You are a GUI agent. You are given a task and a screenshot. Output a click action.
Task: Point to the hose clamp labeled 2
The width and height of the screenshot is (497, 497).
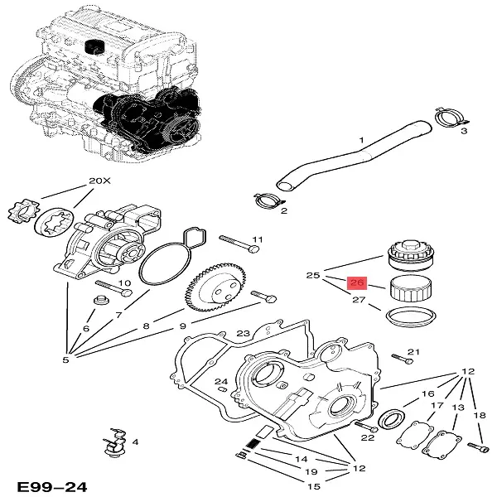click(x=268, y=199)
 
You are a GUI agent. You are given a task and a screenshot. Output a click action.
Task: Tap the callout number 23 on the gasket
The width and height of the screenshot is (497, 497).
click(x=243, y=335)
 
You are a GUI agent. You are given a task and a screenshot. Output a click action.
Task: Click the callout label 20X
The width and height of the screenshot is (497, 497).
click(x=98, y=181)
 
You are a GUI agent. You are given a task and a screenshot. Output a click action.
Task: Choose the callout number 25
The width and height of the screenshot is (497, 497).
click(x=312, y=275)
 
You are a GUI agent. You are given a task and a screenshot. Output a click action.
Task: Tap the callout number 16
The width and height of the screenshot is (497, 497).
click(x=428, y=394)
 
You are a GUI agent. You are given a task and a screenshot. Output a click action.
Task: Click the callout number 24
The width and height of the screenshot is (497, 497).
click(x=221, y=383)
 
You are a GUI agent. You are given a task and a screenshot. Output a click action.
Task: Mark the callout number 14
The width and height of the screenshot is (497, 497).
click(x=302, y=458)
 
